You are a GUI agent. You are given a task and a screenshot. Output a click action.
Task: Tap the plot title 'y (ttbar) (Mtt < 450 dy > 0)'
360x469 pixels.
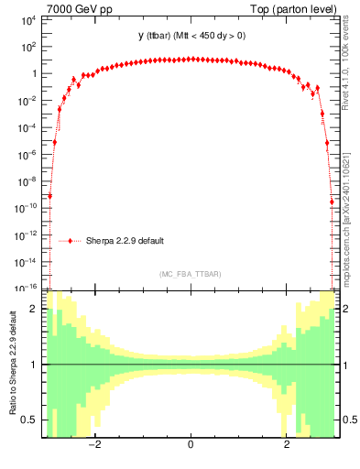point(190,36)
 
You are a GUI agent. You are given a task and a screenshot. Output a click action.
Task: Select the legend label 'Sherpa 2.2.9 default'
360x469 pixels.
point(126,241)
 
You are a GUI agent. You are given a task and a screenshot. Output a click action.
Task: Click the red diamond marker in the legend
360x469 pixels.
point(70,241)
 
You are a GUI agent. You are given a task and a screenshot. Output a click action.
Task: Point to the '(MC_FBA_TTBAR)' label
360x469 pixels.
point(190,274)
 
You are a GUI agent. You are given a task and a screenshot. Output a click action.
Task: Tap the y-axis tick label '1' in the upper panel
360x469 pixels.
point(33,73)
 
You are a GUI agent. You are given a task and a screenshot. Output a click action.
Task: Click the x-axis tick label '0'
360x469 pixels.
point(190,445)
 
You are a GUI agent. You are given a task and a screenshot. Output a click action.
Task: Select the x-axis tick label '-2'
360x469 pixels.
point(92,445)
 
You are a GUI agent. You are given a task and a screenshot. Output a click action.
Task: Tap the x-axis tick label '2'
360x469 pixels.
point(287,445)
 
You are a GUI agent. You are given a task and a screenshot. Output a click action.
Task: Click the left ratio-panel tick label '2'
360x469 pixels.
point(34,310)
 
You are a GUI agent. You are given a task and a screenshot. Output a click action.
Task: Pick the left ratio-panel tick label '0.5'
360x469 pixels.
point(29,420)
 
